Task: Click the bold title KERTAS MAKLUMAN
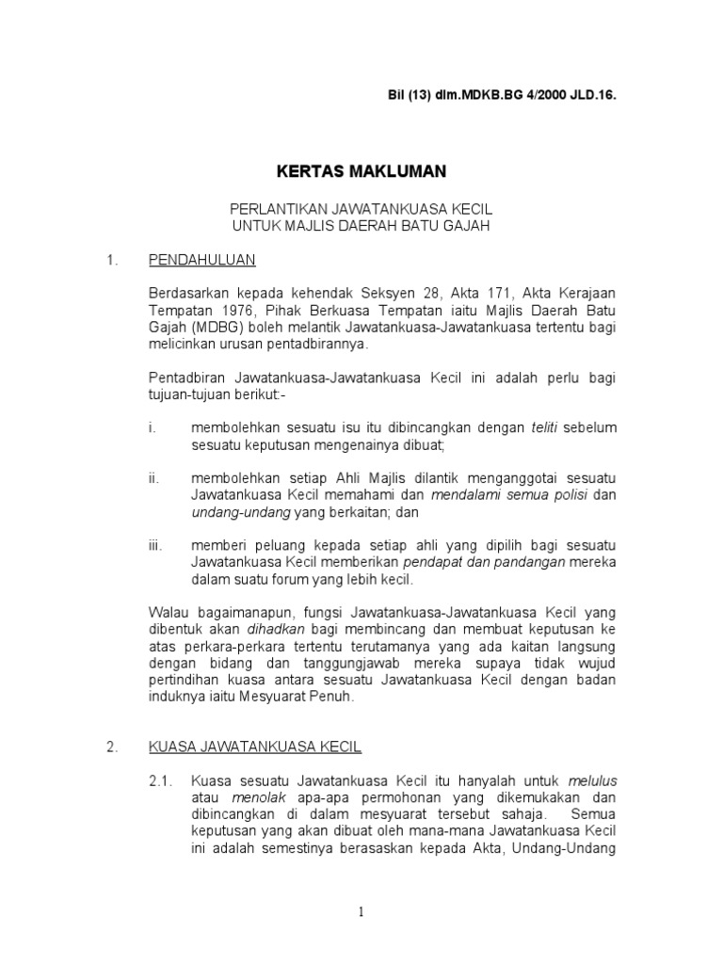[361, 172]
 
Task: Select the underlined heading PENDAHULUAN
[201, 259]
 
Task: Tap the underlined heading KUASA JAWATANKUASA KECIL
[255, 747]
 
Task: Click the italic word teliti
[544, 428]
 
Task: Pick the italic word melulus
[592, 781]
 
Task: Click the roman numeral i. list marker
[152, 428]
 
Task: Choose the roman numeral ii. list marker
[153, 479]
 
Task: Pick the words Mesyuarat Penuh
[308, 699]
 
